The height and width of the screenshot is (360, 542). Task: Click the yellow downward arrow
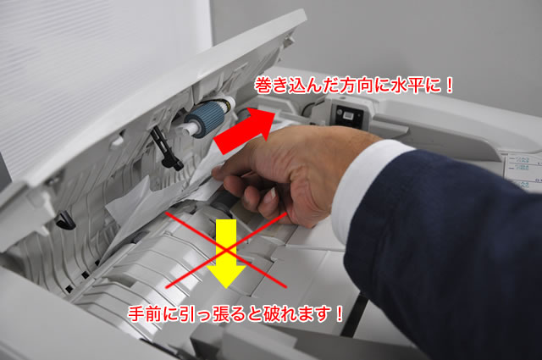click(226, 251)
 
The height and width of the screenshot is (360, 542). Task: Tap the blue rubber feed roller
click(205, 119)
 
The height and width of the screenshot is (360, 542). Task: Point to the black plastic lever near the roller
click(166, 148)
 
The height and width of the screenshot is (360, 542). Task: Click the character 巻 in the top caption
click(263, 86)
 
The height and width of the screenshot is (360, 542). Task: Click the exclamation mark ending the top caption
click(450, 86)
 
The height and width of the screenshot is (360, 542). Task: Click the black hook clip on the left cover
click(65, 220)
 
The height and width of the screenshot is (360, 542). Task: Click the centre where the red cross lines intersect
click(226, 250)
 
